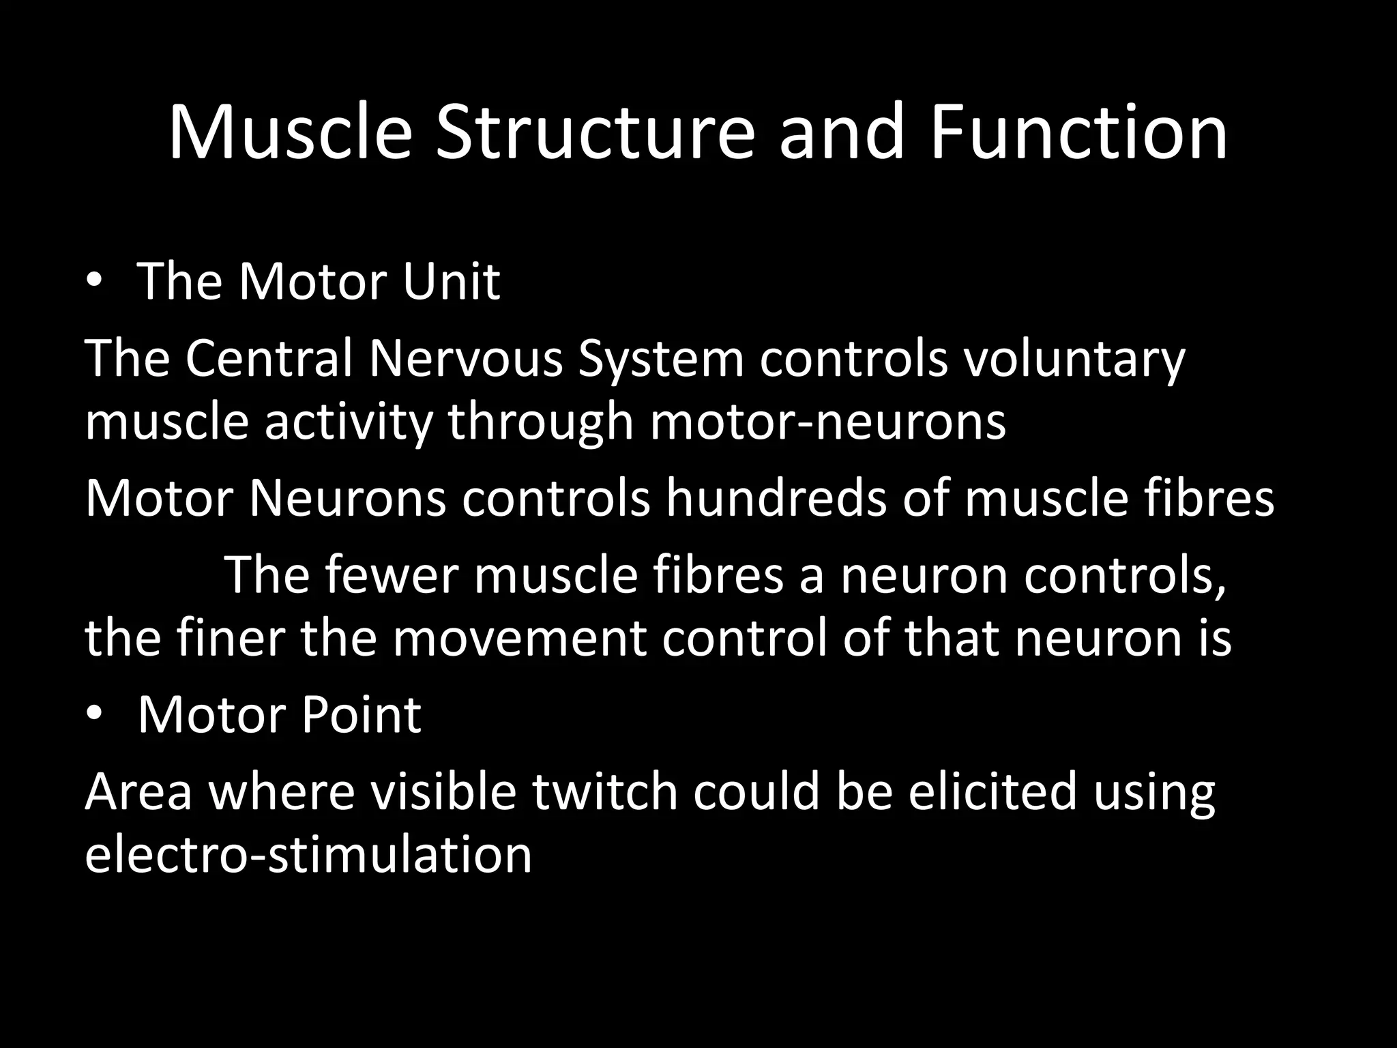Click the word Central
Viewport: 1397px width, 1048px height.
pyautogui.click(x=269, y=358)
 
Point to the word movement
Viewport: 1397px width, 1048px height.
pyautogui.click(x=518, y=638)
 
